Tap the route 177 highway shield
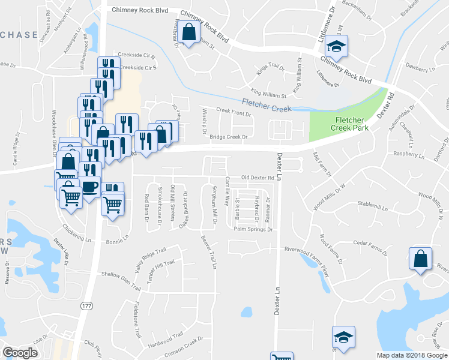coord(84,305)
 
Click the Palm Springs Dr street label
coord(253,229)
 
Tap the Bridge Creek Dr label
coord(229,137)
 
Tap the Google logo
coord(20,353)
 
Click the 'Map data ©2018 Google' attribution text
coord(412,355)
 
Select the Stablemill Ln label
coord(373,206)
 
